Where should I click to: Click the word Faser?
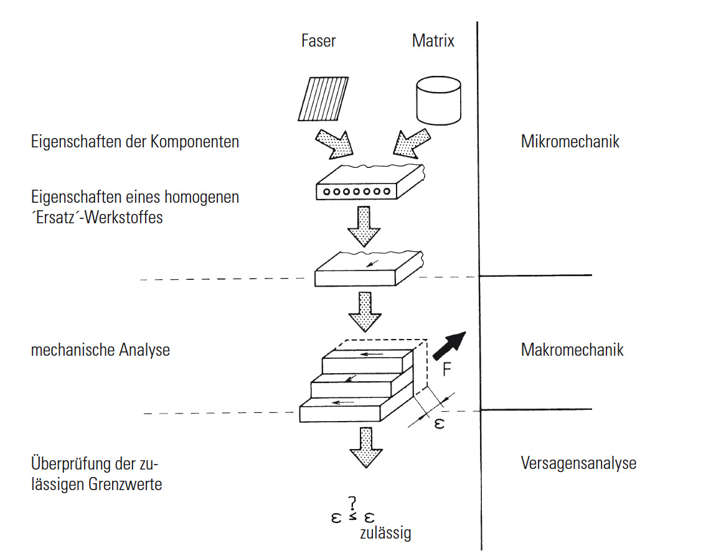click(x=318, y=41)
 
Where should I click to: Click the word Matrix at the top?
click(x=433, y=41)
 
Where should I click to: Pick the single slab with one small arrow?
click(x=367, y=268)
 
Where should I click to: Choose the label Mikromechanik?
click(x=570, y=142)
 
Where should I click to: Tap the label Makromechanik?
click(x=572, y=350)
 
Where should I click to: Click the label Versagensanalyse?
click(x=578, y=463)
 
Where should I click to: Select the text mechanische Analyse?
click(x=100, y=350)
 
